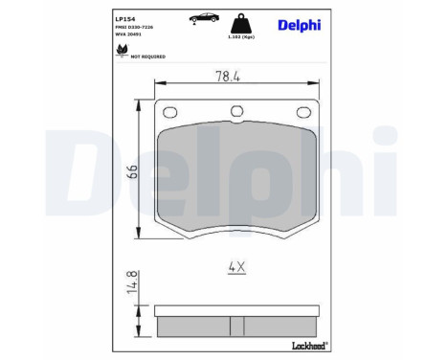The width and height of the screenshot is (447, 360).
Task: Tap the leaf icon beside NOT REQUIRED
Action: point(121,51)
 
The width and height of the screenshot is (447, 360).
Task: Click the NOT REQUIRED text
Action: point(147,56)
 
